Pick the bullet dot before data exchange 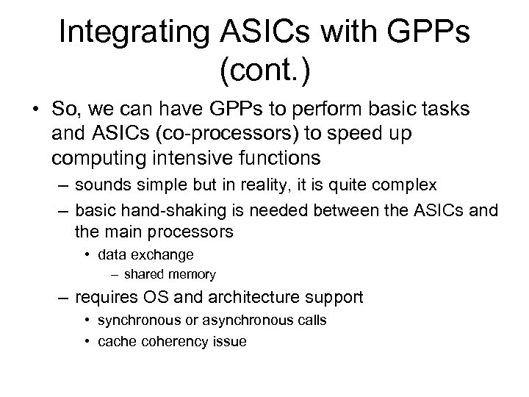[x=86, y=255]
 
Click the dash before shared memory [x=115, y=275]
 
